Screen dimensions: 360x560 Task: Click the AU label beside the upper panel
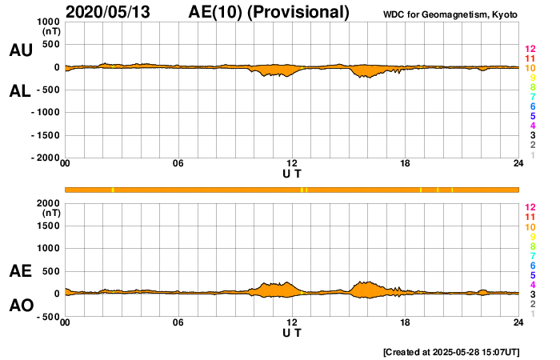coord(20,50)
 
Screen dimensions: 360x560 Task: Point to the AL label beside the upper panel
coord(20,91)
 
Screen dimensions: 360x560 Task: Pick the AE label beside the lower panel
coord(20,272)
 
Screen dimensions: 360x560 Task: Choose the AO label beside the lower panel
coord(20,306)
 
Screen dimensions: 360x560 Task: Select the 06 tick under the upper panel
coord(178,165)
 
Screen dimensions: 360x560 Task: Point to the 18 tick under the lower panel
coord(406,323)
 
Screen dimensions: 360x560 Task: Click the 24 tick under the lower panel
coord(518,323)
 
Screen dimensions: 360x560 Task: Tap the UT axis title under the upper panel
coord(292,174)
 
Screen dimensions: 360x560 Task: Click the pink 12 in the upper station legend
coord(529,50)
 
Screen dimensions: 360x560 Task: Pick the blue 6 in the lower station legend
coord(531,265)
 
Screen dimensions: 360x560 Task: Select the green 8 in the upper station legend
coord(531,88)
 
